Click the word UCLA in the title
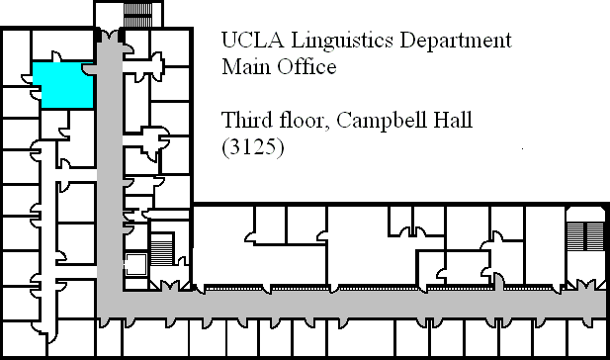tap(252, 40)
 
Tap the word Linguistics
tap(342, 42)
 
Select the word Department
tap(456, 42)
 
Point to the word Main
tap(246, 66)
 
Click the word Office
tap(306, 66)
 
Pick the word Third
tap(246, 120)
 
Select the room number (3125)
tap(253, 147)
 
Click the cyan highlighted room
tap(63, 85)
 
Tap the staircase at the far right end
tap(585, 235)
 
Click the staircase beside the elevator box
tap(161, 250)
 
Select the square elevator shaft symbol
tap(135, 264)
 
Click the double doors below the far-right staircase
tap(585, 285)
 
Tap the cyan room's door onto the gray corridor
tap(89, 69)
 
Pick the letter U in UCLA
tap(228, 40)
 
